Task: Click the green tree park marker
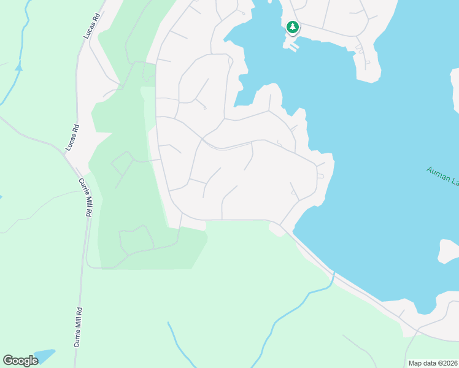point(293,27)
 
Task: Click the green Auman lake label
point(442,175)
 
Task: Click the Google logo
point(20,361)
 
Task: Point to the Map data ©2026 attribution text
point(432,363)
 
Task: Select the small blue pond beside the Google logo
point(44,356)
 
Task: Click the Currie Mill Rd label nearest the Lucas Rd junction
point(83,197)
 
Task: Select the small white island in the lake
point(449,251)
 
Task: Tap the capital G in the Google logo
point(9,360)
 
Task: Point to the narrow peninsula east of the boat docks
point(366,61)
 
